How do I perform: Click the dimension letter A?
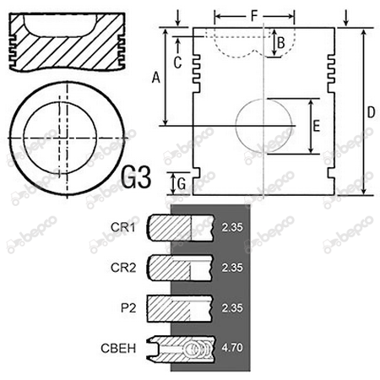pos(156,78)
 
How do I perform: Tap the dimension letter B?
pos(281,43)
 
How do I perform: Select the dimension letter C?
pos(177,62)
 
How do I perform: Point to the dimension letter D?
pos(372,112)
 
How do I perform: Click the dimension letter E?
pos(317,126)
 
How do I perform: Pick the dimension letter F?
pos(254,16)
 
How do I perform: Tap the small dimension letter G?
pos(182,184)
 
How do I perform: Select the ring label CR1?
pos(123,227)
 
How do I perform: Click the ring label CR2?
pos(123,268)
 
